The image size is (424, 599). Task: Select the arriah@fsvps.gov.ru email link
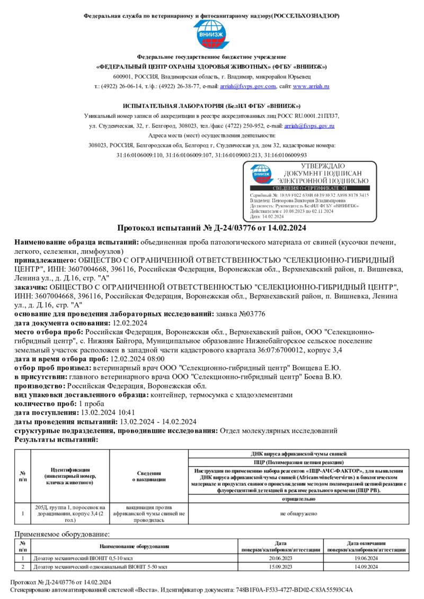tap(309, 126)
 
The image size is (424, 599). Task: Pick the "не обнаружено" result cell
tap(299, 513)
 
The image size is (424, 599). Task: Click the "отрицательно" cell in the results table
tap(299, 499)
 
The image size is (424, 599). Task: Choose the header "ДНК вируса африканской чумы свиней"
tap(299, 454)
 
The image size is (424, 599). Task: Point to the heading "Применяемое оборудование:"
tap(62, 535)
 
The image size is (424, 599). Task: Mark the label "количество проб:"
tap(45, 403)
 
